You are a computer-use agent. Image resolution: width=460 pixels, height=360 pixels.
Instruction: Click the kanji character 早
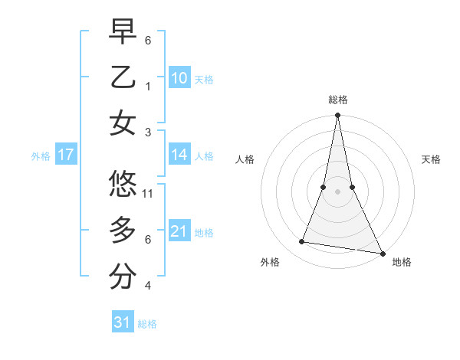(x=123, y=32)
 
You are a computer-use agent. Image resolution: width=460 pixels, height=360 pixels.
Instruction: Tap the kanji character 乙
(x=123, y=77)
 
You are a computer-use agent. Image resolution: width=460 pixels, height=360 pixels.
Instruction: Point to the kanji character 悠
(x=123, y=184)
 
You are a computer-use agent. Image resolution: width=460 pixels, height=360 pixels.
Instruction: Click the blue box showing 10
(x=179, y=78)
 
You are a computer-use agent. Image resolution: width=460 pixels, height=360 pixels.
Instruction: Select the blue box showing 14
(x=179, y=155)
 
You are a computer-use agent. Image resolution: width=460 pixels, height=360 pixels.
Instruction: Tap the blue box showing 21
(x=179, y=231)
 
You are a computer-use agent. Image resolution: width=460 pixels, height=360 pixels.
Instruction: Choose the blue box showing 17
(x=66, y=155)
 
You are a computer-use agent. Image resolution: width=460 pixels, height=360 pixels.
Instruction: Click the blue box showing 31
(x=123, y=322)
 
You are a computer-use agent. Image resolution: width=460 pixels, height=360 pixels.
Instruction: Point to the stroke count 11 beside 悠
(x=149, y=193)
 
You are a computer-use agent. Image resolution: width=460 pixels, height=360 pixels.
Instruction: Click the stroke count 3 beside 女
(x=149, y=132)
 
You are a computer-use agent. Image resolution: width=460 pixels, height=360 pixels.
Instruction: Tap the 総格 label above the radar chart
(x=337, y=100)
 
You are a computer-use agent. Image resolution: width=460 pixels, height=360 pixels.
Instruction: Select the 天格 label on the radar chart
(x=431, y=159)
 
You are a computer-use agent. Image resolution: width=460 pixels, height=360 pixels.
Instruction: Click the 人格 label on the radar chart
(x=245, y=159)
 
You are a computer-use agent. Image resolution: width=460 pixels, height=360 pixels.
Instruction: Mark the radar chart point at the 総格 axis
(x=337, y=116)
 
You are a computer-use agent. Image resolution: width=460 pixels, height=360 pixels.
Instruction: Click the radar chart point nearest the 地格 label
(x=381, y=253)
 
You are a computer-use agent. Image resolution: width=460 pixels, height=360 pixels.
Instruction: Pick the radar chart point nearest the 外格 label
(x=302, y=242)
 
